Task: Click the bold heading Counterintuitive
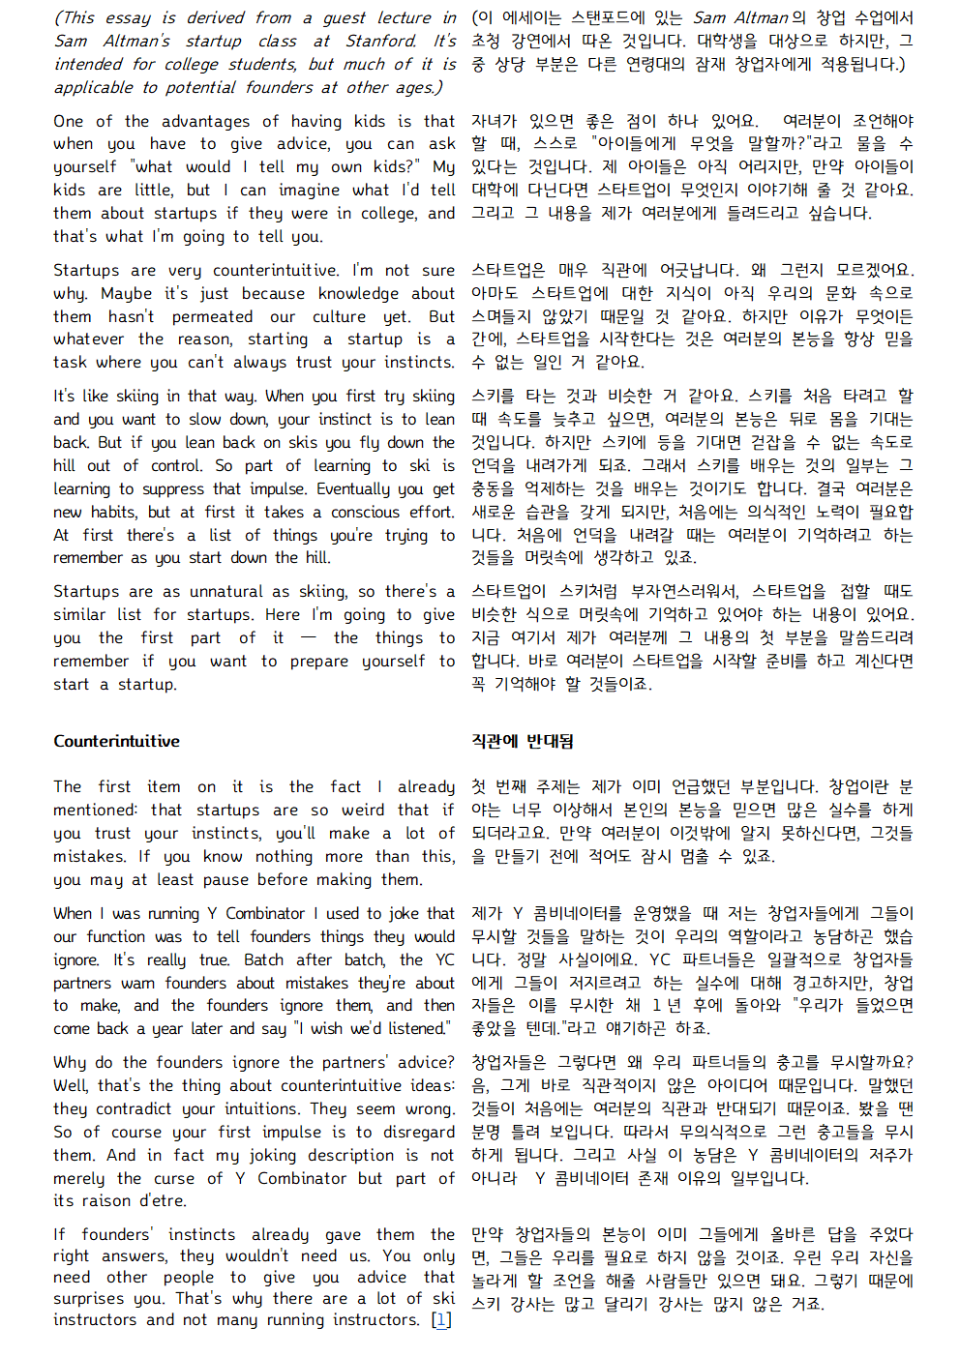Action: pyautogui.click(x=116, y=742)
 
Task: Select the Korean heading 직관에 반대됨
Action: pyautogui.click(x=523, y=742)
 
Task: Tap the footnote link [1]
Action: pyautogui.click(x=441, y=1320)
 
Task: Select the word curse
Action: pyautogui.click(x=174, y=1178)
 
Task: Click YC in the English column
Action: pyautogui.click(x=444, y=959)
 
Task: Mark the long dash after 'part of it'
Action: pyautogui.click(x=309, y=637)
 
